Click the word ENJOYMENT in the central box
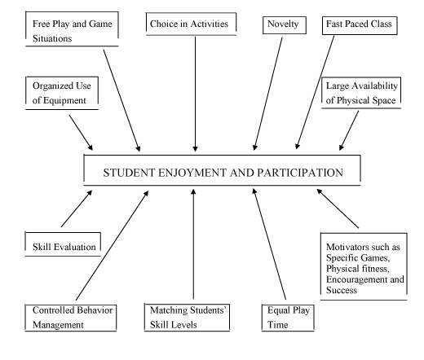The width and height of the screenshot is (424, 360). tap(192, 173)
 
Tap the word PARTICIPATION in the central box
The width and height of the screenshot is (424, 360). tap(300, 173)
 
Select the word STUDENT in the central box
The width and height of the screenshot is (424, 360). tap(129, 173)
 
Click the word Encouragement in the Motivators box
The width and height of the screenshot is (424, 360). tap(356, 279)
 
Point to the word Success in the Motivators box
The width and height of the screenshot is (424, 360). tap(342, 290)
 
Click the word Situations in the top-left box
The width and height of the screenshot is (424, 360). tap(52, 38)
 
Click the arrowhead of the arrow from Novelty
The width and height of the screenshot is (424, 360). tap(254, 147)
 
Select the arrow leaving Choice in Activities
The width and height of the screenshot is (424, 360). tap(195, 94)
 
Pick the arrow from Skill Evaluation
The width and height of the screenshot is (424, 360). tap(77, 209)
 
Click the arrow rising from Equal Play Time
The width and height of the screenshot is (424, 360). tap(269, 244)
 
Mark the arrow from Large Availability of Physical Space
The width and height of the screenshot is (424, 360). tap(349, 130)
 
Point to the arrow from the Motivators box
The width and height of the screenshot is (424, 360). tap(338, 209)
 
